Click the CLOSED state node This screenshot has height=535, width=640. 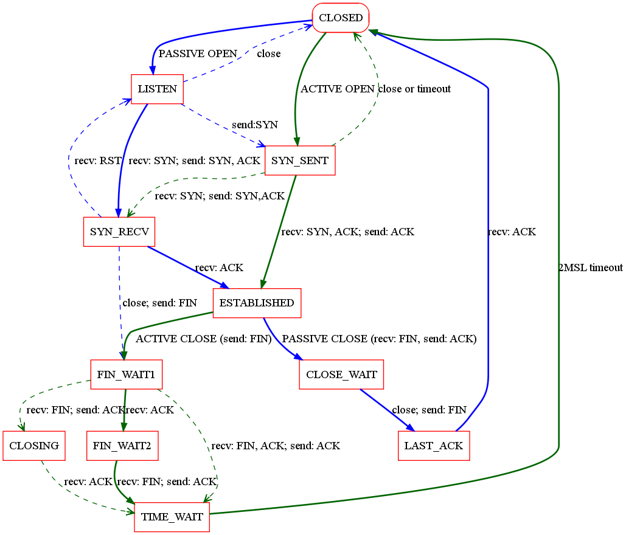pos(341,18)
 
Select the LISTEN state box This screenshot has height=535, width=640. pos(158,89)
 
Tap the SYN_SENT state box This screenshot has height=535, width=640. pos(300,160)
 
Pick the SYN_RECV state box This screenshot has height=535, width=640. pos(119,232)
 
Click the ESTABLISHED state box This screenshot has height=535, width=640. pos(257,303)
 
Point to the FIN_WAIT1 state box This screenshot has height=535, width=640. pos(127,374)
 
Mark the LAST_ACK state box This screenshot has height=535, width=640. pos(434,446)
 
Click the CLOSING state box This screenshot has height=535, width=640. pos(34,446)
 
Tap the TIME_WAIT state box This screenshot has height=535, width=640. pos(172,517)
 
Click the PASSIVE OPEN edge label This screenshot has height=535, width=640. pos(198,53)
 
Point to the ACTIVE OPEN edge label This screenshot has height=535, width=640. pos(338,89)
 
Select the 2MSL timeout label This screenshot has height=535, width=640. pos(590,267)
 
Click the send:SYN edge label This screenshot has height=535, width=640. pos(254,125)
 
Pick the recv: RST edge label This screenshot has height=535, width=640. pos(98,160)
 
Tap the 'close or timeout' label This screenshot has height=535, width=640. pos(414,89)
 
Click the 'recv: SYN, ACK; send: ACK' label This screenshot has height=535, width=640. pos(347,232)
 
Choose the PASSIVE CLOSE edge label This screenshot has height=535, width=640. pos(380,339)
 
